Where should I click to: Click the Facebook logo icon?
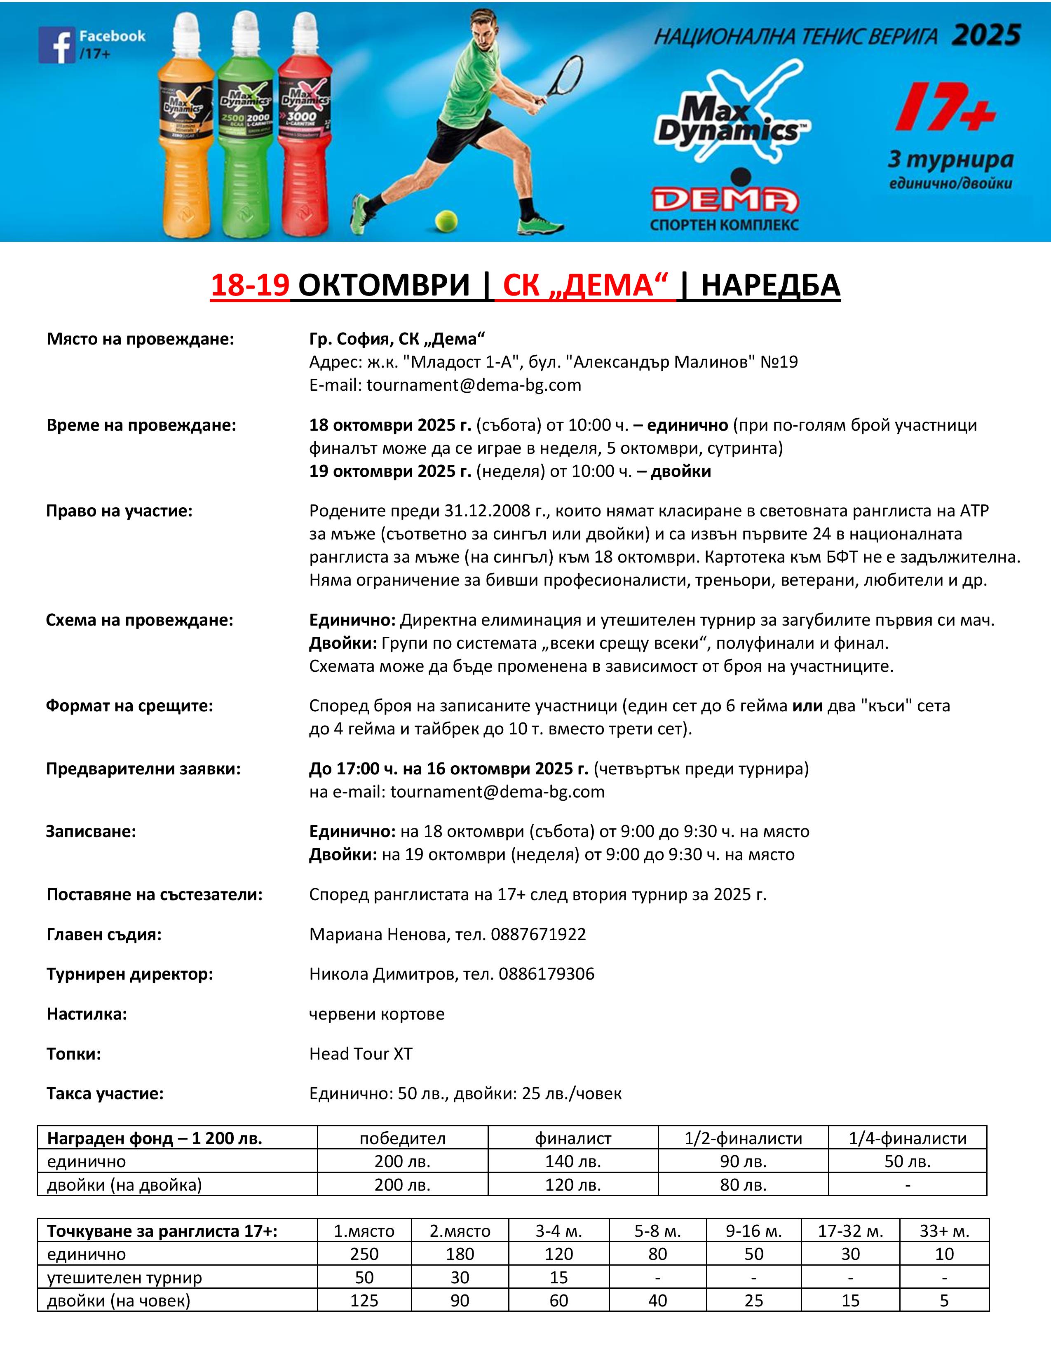tap(56, 45)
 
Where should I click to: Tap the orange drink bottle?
tap(185, 137)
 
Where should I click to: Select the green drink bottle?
tap(245, 131)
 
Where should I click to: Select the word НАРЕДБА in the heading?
tap(770, 285)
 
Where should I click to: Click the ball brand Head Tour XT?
tap(361, 1054)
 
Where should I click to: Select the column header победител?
tap(402, 1138)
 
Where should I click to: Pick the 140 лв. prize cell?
tap(573, 1161)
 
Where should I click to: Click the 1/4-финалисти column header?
tap(907, 1138)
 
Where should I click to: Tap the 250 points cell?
tap(364, 1254)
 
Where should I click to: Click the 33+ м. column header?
tap(944, 1231)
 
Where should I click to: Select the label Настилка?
tap(87, 1014)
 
